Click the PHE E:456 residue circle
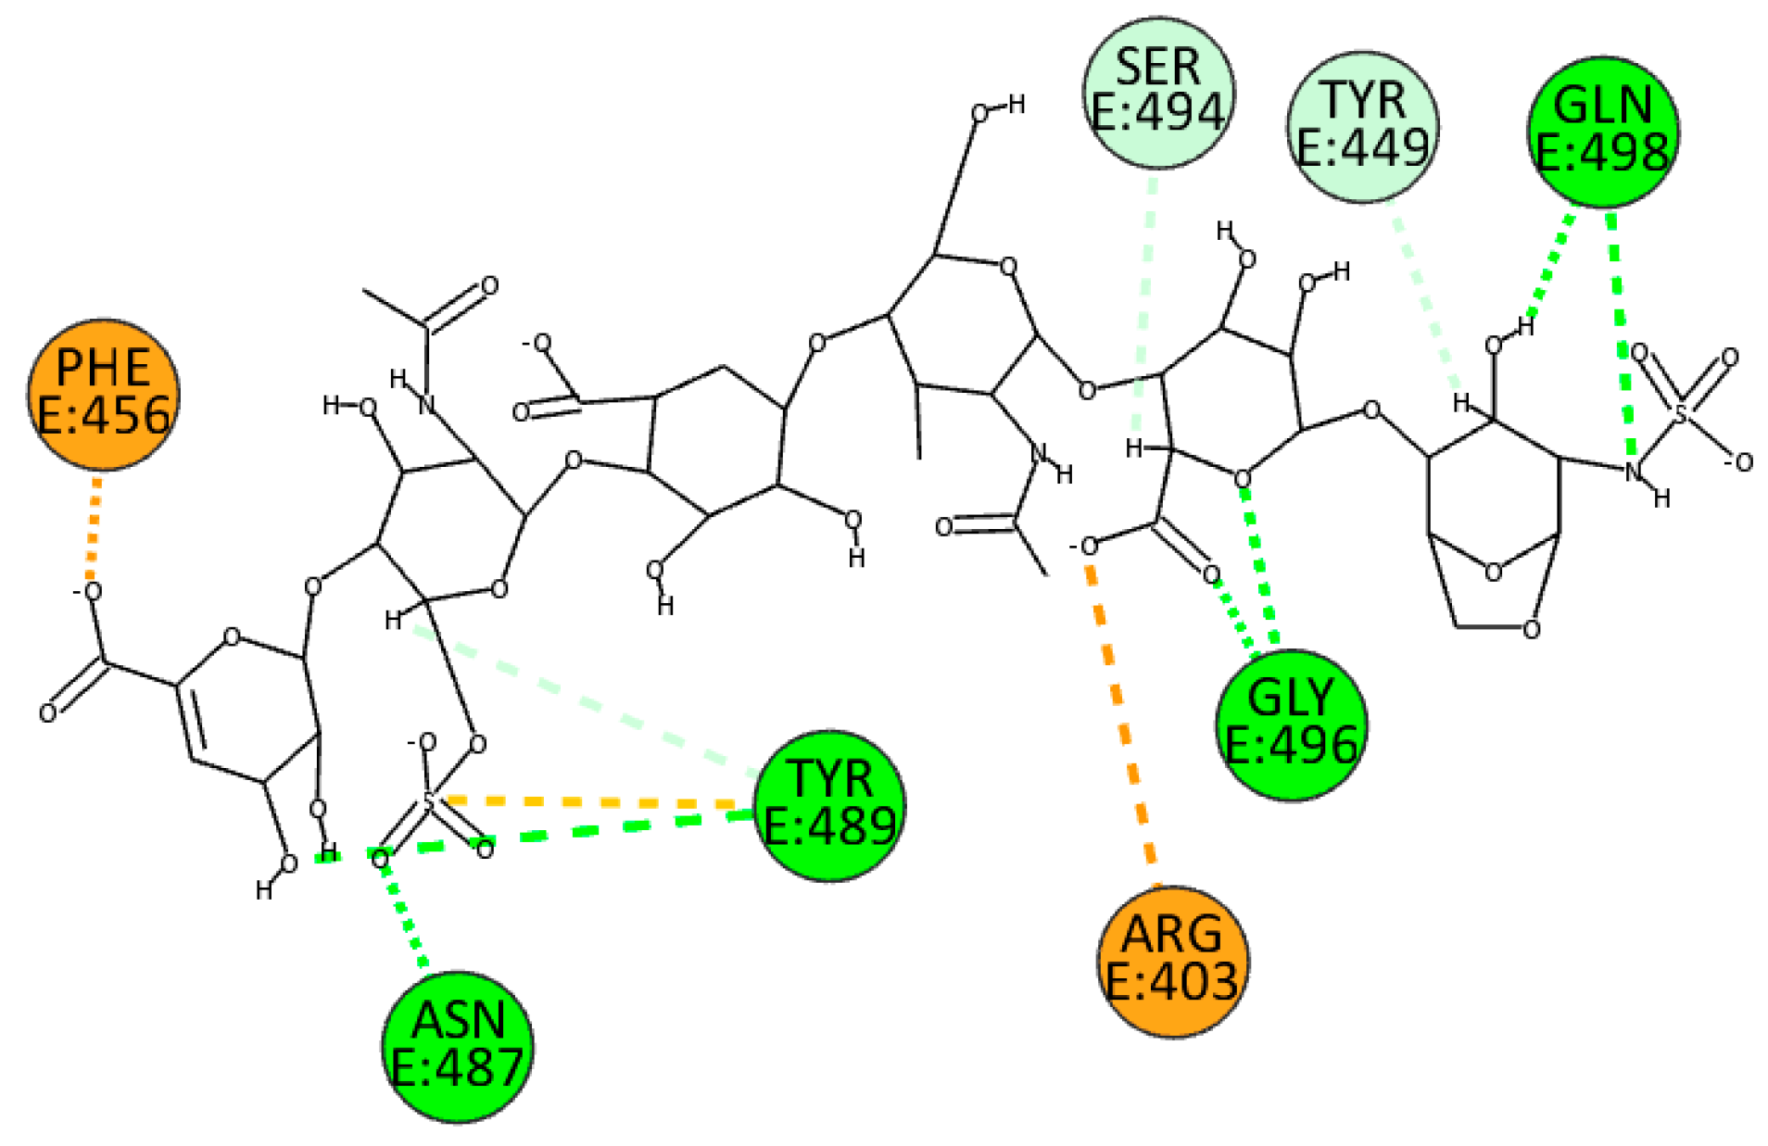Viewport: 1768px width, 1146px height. click(103, 394)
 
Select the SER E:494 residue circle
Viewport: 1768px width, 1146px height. click(1158, 92)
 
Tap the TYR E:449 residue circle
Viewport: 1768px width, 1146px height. click(1362, 126)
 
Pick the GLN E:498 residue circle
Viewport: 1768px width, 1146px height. click(1602, 132)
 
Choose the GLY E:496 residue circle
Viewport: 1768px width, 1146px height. click(1290, 724)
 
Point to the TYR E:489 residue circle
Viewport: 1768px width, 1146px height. click(829, 805)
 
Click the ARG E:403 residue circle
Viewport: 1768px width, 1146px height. click(1172, 961)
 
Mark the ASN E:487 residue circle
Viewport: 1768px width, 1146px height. click(458, 1047)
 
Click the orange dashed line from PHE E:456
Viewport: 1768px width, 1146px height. click(93, 528)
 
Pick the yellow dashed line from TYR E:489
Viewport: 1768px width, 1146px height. click(593, 801)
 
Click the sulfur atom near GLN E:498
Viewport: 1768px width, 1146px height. click(1681, 412)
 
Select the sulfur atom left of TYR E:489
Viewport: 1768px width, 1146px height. click(428, 799)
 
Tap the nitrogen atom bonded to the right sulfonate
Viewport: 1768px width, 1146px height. click(1633, 472)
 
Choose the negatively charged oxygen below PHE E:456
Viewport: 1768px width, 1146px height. click(92, 592)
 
